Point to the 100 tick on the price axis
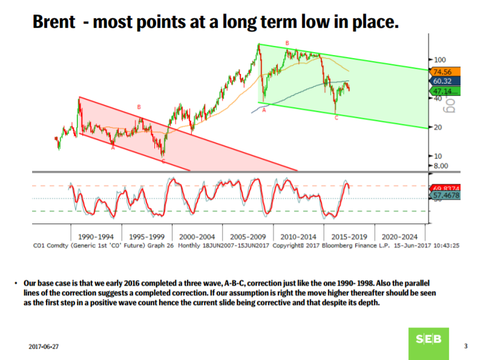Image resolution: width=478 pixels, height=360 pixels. click(x=439, y=60)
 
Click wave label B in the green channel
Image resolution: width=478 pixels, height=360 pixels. click(x=287, y=43)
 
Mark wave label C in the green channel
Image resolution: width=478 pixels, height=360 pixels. click(x=336, y=118)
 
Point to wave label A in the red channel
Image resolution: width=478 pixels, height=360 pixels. click(x=113, y=148)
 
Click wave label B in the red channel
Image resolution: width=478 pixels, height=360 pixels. click(x=139, y=107)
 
